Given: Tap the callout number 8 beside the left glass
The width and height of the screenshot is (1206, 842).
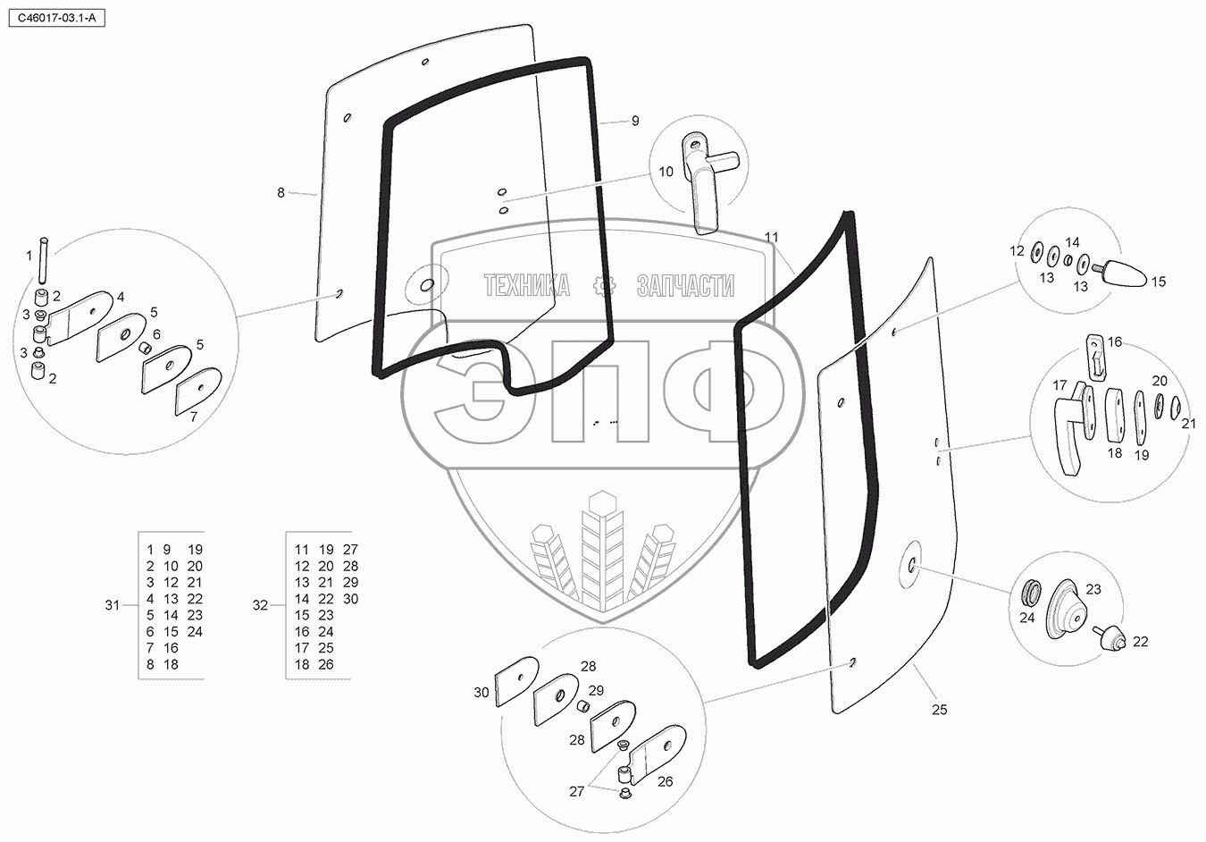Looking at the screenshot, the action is coord(281,192).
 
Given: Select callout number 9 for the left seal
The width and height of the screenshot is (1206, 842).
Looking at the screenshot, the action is coord(635,121).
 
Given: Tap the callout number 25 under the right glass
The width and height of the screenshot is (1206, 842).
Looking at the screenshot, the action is coord(939,710).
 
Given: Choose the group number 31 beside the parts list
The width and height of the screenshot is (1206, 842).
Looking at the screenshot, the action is coord(112,605).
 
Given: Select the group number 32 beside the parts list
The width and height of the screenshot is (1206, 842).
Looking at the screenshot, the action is coord(260,605).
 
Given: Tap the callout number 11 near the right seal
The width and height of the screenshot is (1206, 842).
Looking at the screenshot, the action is coord(772,237).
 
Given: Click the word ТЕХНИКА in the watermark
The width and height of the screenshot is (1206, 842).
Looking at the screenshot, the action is coord(527,286).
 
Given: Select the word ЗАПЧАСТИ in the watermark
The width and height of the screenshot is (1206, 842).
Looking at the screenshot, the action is coord(685,286).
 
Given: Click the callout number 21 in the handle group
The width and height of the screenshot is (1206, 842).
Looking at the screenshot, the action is coord(1188,424).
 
